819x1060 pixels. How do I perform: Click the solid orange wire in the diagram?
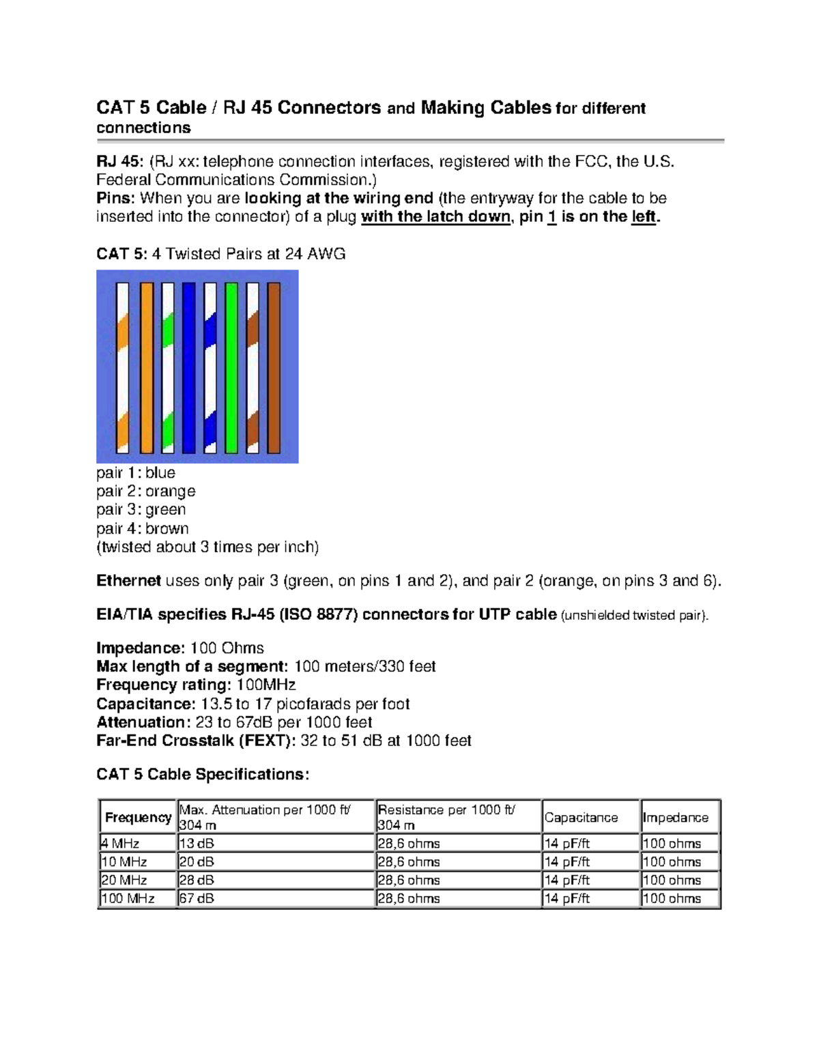click(x=146, y=368)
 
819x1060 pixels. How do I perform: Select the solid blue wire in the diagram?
click(x=189, y=368)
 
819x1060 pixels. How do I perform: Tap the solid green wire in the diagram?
click(x=231, y=368)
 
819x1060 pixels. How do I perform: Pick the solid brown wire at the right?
click(x=274, y=368)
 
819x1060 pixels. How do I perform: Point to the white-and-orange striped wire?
click(x=123, y=368)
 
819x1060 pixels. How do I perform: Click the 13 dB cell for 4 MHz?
click(x=197, y=844)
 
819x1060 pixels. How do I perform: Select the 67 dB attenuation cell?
click(x=197, y=899)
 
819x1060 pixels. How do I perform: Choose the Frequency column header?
click(x=138, y=818)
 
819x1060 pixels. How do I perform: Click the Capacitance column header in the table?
click(x=581, y=818)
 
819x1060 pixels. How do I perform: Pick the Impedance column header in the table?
click(x=675, y=818)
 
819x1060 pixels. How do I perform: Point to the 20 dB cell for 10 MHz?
click(x=197, y=862)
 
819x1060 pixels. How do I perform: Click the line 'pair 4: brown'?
click(x=143, y=528)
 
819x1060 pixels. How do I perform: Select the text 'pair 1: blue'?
click(x=136, y=473)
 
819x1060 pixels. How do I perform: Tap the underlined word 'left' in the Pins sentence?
click(x=643, y=217)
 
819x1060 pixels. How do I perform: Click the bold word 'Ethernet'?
click(x=128, y=581)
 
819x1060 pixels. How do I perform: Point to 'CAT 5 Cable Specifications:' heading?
click(x=203, y=775)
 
